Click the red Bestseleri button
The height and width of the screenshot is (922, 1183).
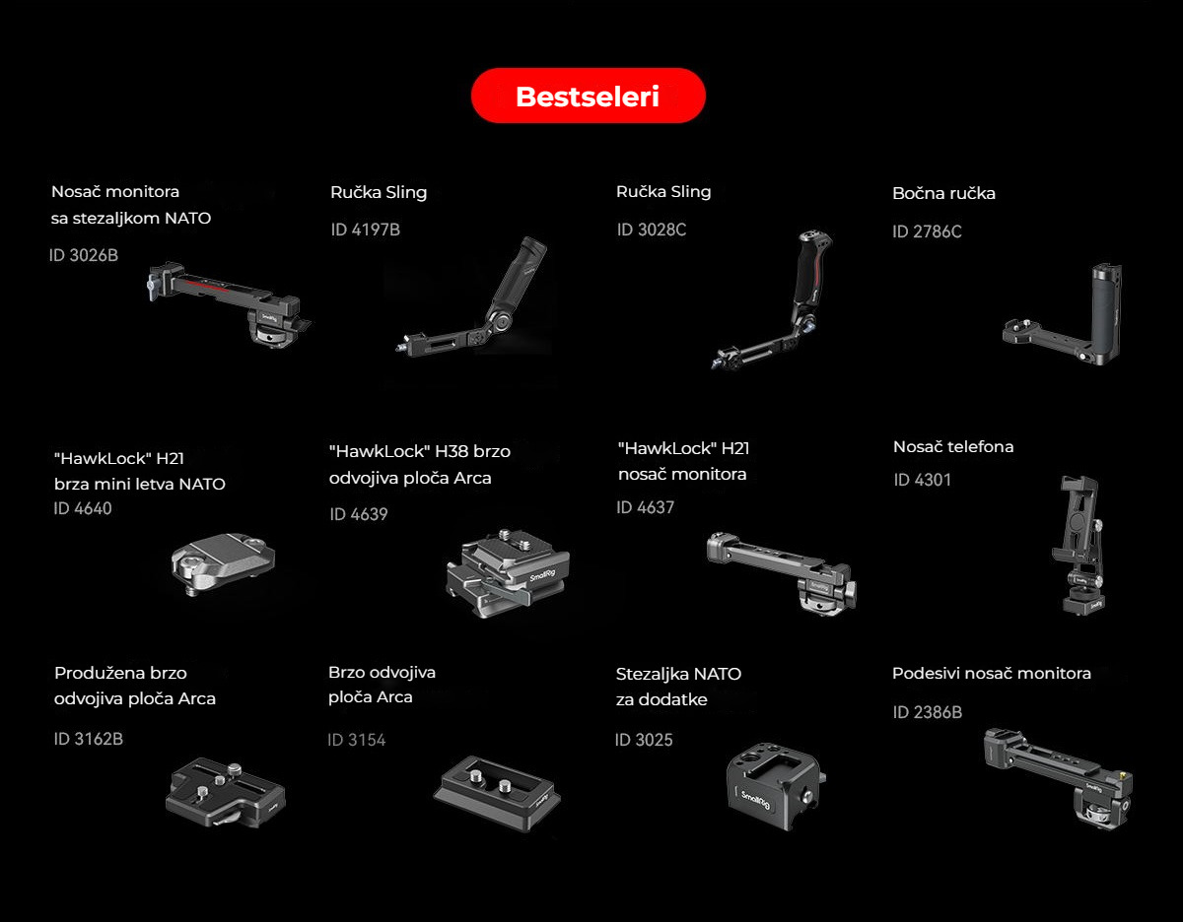pyautogui.click(x=588, y=96)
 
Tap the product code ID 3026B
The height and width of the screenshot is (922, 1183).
pyautogui.click(x=83, y=255)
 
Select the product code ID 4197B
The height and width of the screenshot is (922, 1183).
pyautogui.click(x=366, y=230)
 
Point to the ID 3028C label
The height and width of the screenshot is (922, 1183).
pyautogui.click(x=651, y=230)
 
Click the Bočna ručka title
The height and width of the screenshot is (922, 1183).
pyautogui.click(x=943, y=193)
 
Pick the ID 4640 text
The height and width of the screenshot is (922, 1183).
pyautogui.click(x=83, y=508)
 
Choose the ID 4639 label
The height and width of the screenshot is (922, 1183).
pyautogui.click(x=359, y=514)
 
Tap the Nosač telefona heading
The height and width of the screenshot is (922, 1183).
pyautogui.click(x=953, y=446)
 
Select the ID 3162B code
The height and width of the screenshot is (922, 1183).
pyautogui.click(x=88, y=739)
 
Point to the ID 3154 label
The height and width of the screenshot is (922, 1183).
pyautogui.click(x=357, y=740)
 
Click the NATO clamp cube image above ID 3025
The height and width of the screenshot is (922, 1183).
pyautogui.click(x=776, y=785)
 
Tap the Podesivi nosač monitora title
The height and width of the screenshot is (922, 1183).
pyautogui.click(x=992, y=674)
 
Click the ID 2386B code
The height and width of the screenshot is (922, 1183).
pyautogui.click(x=927, y=712)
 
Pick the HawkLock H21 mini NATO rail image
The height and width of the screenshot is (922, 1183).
pyautogui.click(x=223, y=563)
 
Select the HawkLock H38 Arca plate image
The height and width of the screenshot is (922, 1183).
pyautogui.click(x=508, y=572)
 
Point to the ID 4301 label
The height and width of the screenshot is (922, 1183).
pyautogui.click(x=922, y=480)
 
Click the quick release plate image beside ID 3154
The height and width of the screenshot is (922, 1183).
pyautogui.click(x=498, y=793)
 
